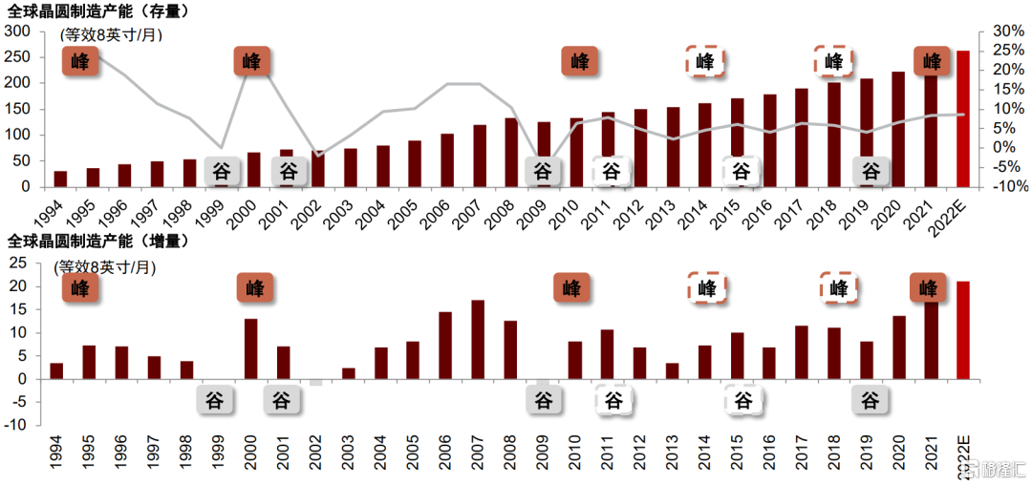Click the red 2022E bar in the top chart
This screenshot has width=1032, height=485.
tap(963, 118)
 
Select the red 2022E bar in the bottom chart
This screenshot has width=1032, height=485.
tap(963, 330)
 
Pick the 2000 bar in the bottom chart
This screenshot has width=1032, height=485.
tap(251, 348)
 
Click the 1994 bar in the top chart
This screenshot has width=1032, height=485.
tap(60, 179)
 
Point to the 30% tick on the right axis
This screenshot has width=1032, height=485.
tap(1010, 31)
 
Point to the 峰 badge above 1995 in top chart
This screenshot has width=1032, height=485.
tap(80, 62)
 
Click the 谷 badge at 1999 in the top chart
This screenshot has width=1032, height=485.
tap(221, 172)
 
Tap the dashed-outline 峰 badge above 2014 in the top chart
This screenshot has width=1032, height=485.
tap(705, 62)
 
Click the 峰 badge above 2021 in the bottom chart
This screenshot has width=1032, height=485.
tap(928, 286)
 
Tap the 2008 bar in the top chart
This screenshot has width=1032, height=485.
tap(511, 152)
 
